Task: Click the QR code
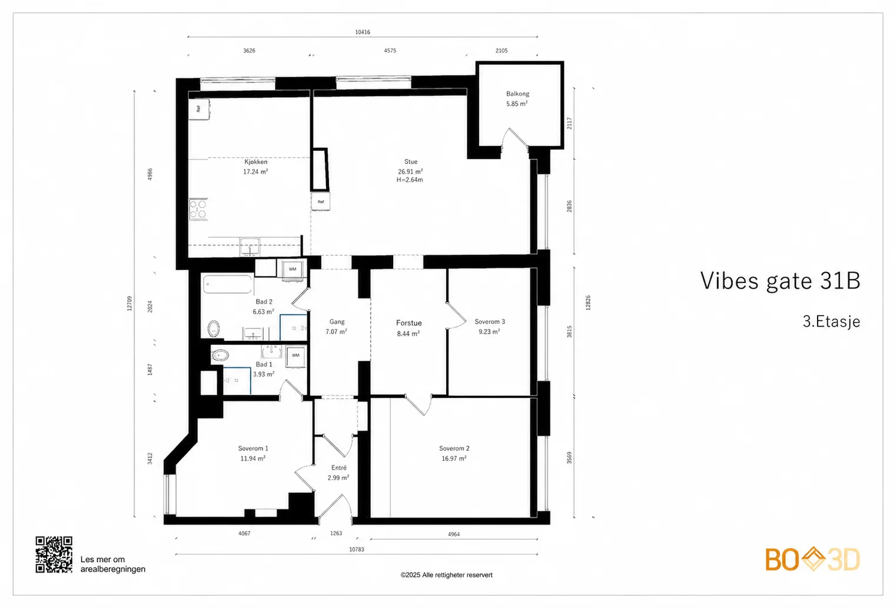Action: pyautogui.click(x=54, y=555)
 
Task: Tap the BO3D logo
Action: pyautogui.click(x=812, y=559)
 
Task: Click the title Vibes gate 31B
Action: pyautogui.click(x=780, y=280)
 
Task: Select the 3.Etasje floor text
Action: pyautogui.click(x=831, y=321)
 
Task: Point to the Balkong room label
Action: pyautogui.click(x=517, y=94)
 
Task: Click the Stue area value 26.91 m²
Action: pyautogui.click(x=410, y=171)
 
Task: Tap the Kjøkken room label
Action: pyautogui.click(x=256, y=162)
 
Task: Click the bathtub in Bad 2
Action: pyautogui.click(x=228, y=284)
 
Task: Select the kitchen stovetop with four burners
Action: pyautogui.click(x=198, y=209)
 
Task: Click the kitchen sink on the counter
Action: pyautogui.click(x=250, y=246)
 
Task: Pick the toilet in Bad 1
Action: pyautogui.click(x=220, y=355)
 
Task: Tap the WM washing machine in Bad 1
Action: pyautogui.click(x=296, y=356)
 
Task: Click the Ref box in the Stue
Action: pyautogui.click(x=321, y=202)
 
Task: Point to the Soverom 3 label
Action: pyautogui.click(x=490, y=321)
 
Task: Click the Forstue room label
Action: pyautogui.click(x=409, y=323)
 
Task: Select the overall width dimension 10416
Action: pyautogui.click(x=363, y=32)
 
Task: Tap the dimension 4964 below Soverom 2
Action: pyautogui.click(x=454, y=534)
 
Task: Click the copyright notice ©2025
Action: pyautogui.click(x=446, y=575)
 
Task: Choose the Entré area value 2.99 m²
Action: pyautogui.click(x=339, y=477)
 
